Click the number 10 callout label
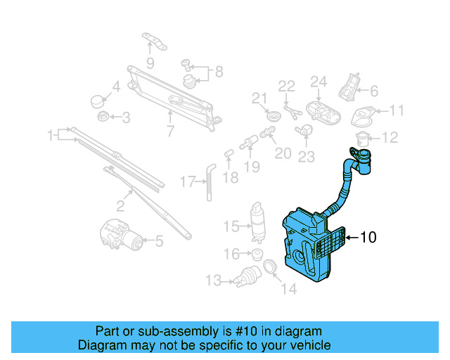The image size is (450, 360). [x=368, y=238]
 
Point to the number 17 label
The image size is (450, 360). [x=186, y=182]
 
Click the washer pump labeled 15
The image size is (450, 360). [x=257, y=220]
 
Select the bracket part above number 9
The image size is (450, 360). [x=153, y=41]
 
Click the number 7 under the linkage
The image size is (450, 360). [x=170, y=130]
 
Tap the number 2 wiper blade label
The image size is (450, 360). [x=120, y=205]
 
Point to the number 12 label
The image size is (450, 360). [x=390, y=137]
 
